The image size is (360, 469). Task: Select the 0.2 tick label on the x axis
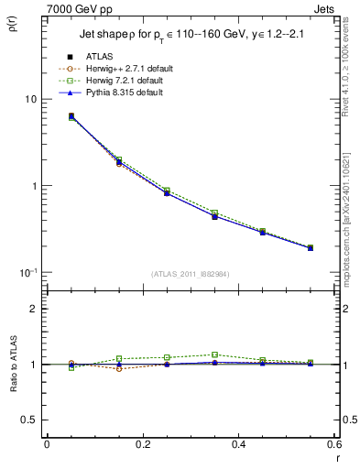click(142, 444)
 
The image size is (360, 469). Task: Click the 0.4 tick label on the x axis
click(238, 444)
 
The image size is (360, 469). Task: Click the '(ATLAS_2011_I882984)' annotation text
click(191, 273)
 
